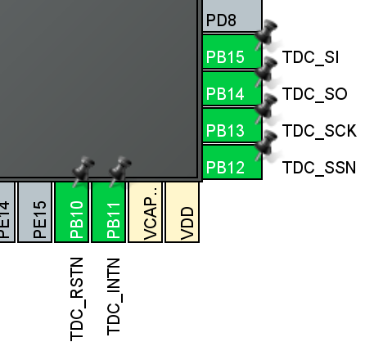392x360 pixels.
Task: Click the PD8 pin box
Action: [232, 16]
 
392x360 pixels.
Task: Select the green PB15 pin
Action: [232, 51]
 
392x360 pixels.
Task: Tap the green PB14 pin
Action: [232, 88]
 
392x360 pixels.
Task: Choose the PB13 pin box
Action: [232, 124]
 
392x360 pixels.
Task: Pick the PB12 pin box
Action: [232, 162]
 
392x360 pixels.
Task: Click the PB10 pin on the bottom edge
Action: [72, 212]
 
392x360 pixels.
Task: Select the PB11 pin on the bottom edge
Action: [109, 212]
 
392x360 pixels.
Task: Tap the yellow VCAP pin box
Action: [146, 212]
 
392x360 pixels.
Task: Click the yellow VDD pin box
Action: [182, 212]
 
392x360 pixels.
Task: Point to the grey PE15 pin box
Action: [34, 212]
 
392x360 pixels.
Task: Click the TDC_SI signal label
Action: [311, 57]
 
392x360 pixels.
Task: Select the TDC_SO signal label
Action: [315, 94]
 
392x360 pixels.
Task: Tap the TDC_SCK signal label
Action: [319, 131]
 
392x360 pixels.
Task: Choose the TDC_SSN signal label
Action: [319, 168]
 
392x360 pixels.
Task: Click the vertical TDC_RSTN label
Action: [77, 299]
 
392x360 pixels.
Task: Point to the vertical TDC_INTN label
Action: [114, 297]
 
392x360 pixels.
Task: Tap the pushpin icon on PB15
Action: [266, 35]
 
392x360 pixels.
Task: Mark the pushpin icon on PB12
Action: [266, 146]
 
